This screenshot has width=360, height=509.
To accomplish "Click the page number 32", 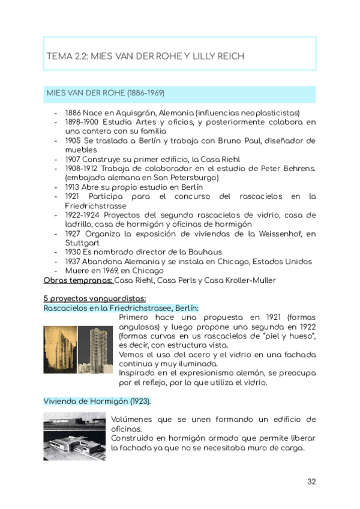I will pyautogui.click(x=311, y=481).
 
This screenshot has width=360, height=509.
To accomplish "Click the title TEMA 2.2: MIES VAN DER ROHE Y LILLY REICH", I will pyautogui.click(x=145, y=56).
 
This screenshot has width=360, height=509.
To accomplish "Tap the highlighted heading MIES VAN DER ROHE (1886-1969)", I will pyautogui.click(x=106, y=94).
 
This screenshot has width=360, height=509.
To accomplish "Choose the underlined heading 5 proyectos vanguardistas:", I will pyautogui.click(x=95, y=298).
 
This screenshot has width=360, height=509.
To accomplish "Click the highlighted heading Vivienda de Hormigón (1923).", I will pyautogui.click(x=97, y=401).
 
